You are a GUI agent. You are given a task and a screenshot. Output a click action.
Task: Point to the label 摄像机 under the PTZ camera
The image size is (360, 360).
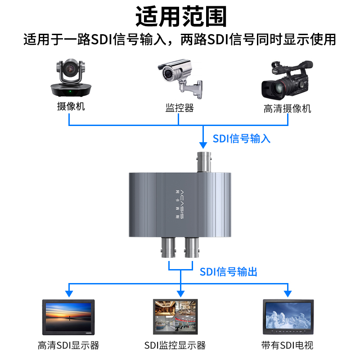[x=71, y=107]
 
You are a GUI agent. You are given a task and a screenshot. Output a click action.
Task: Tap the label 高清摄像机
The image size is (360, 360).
[x=287, y=108]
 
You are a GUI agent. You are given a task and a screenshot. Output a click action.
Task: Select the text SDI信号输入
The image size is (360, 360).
[x=242, y=138]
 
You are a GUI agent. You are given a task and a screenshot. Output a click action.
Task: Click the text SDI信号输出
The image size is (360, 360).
[x=229, y=271]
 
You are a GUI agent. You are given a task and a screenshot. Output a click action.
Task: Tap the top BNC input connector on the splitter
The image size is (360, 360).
[x=205, y=163]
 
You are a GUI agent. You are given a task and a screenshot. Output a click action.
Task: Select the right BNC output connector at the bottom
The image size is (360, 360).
[x=192, y=247]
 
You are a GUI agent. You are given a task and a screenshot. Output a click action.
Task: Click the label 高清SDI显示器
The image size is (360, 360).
[x=68, y=346]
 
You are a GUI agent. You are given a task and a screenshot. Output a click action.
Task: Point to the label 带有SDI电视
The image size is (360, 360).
[x=287, y=346]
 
